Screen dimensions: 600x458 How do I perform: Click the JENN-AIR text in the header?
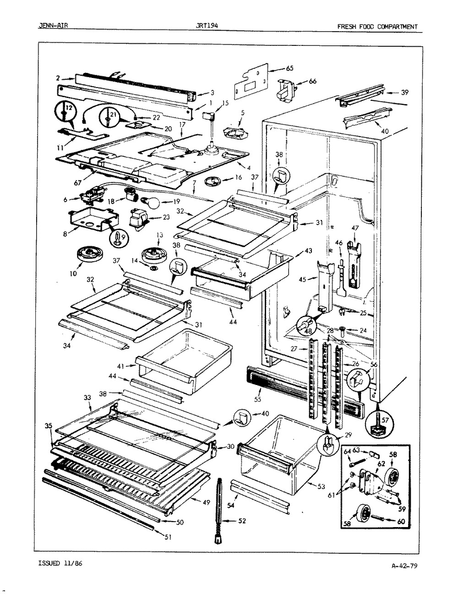[53, 26]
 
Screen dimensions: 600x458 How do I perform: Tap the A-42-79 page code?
[404, 579]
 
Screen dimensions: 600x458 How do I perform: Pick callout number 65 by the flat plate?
[290, 68]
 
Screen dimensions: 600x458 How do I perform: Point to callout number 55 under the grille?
[257, 399]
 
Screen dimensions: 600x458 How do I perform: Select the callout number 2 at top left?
[58, 77]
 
